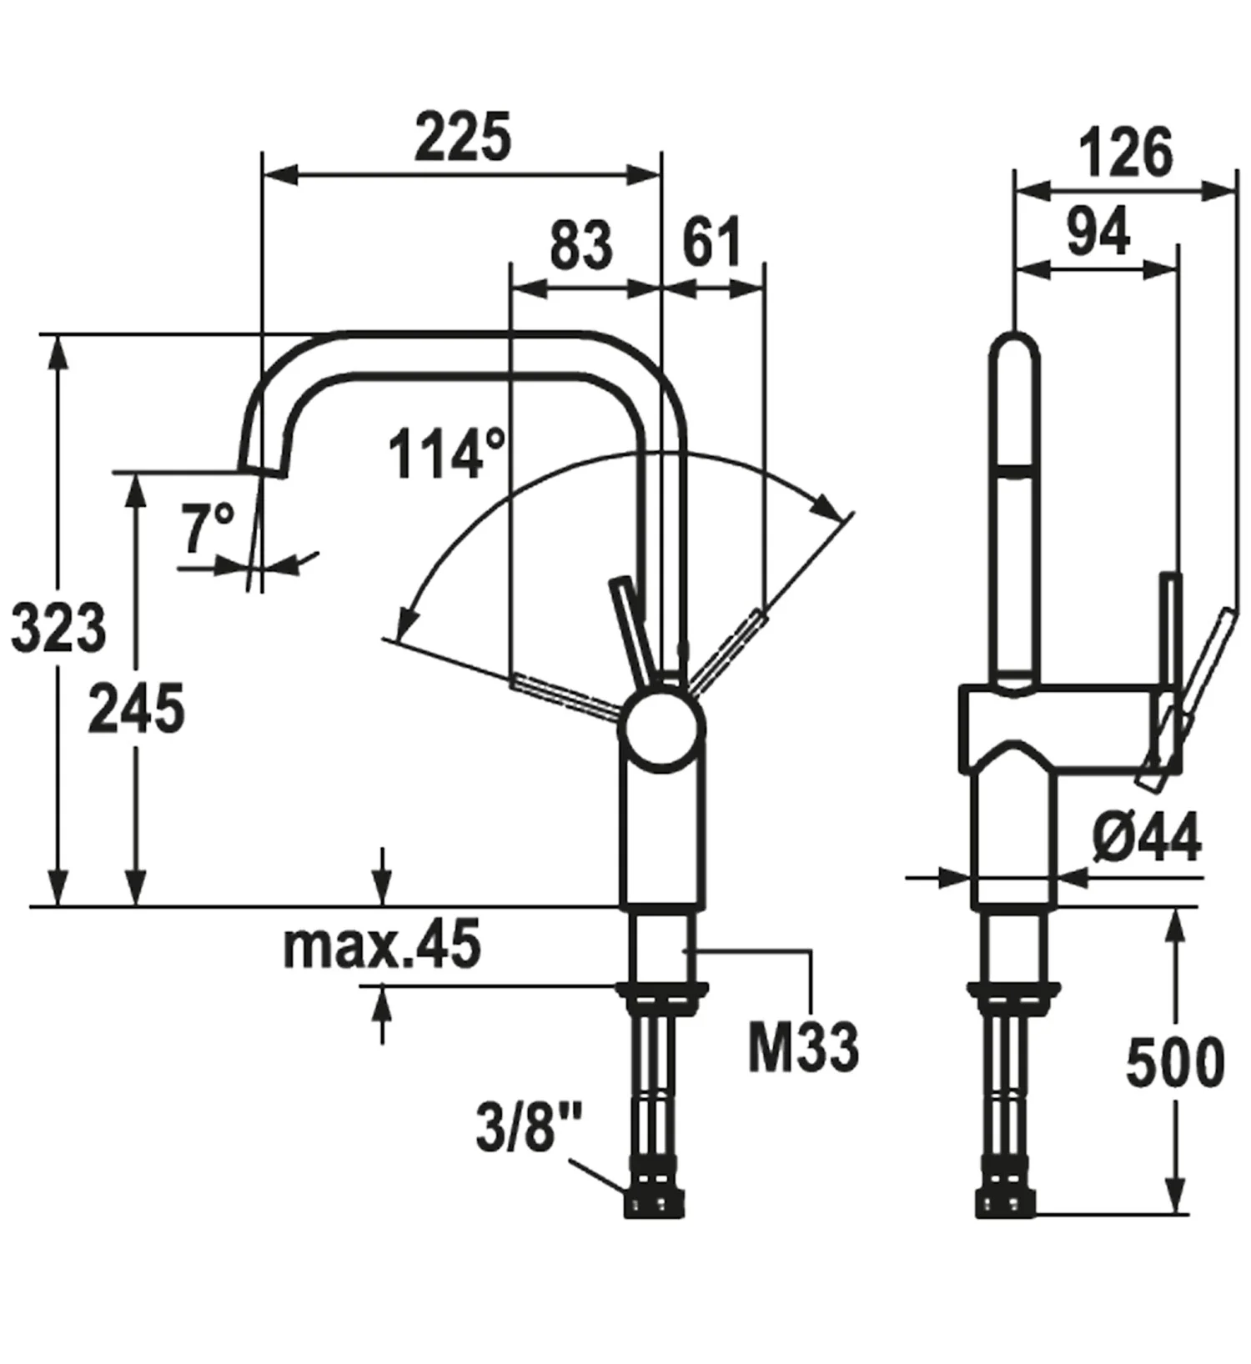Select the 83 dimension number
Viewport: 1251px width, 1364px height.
pyautogui.click(x=581, y=245)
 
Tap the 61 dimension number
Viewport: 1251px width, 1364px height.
pyautogui.click(x=711, y=243)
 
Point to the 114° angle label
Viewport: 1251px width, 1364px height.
pyautogui.click(x=446, y=454)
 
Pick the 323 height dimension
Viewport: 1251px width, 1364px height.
pyautogui.click(x=58, y=628)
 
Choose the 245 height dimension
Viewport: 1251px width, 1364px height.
pyautogui.click(x=137, y=709)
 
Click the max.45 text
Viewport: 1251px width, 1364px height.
pyautogui.click(x=382, y=945)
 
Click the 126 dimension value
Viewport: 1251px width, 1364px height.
pyautogui.click(x=1126, y=153)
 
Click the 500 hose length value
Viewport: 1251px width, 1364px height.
pyautogui.click(x=1174, y=1063)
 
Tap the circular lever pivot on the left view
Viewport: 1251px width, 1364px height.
pyautogui.click(x=661, y=728)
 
